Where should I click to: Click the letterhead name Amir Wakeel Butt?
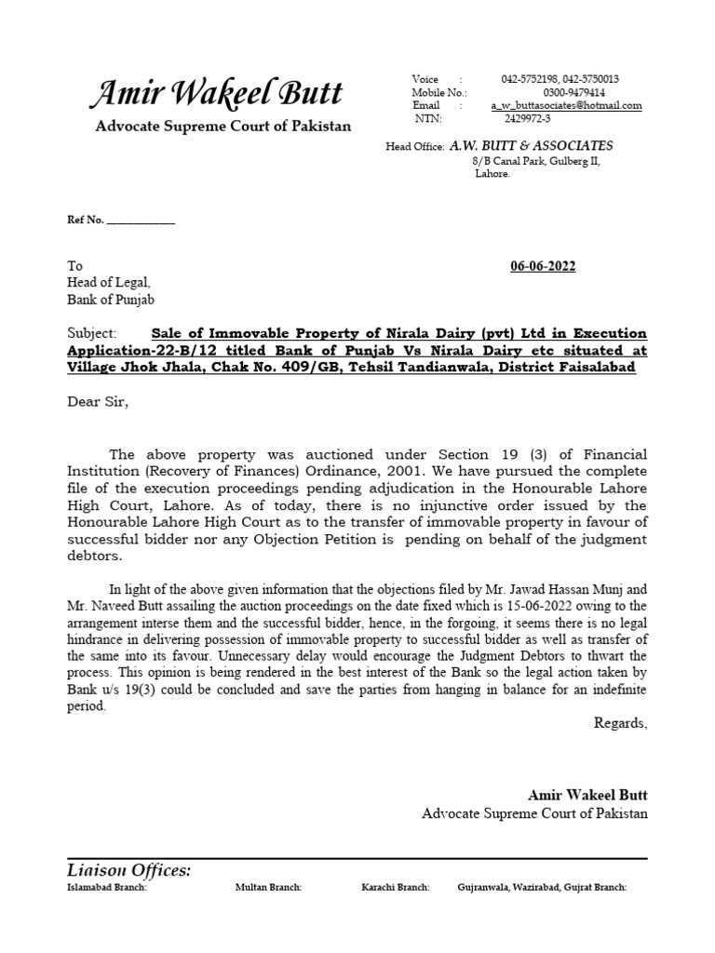(x=215, y=93)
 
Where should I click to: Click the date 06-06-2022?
(x=543, y=266)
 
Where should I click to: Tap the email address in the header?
(x=566, y=106)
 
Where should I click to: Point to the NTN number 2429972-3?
(x=527, y=118)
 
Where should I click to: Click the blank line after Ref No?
(x=142, y=221)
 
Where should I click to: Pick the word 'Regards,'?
(x=620, y=723)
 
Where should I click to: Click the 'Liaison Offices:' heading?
(x=128, y=870)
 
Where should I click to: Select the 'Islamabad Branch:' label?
(x=107, y=888)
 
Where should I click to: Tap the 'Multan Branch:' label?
(x=268, y=888)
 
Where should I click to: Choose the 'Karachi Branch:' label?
(x=395, y=888)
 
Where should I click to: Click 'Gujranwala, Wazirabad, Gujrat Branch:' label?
(x=542, y=888)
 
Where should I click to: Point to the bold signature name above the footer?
(x=587, y=795)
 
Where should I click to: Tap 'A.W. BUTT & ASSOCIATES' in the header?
(x=531, y=146)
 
